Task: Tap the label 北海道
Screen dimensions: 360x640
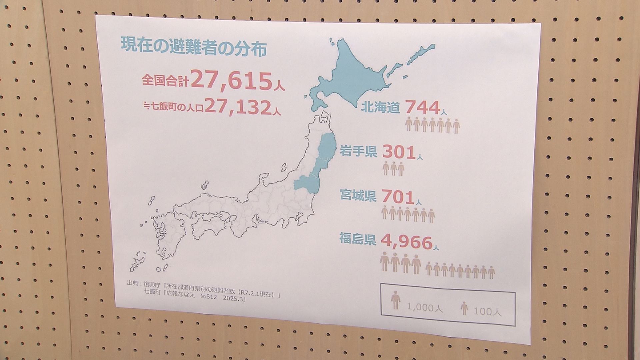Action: (380, 108)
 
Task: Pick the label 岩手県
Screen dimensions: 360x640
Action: (358, 152)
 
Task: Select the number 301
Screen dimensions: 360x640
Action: (399, 152)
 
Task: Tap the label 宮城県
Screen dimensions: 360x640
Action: (358, 195)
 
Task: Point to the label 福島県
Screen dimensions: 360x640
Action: (358, 239)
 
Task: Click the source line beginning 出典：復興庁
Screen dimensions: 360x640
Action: (203, 285)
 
